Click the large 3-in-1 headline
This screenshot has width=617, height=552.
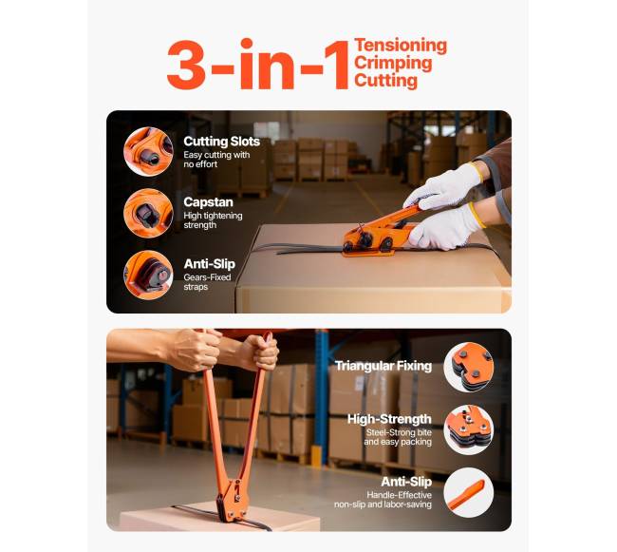[258, 64]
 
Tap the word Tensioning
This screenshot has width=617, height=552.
[401, 46]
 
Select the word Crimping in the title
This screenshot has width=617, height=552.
[393, 64]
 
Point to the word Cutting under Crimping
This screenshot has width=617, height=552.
[385, 81]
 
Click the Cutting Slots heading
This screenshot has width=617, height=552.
[221, 142]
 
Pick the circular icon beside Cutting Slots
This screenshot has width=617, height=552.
[148, 152]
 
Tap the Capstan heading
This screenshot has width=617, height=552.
[208, 202]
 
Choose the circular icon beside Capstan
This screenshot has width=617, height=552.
[148, 213]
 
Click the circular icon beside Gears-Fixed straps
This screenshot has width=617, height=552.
[148, 275]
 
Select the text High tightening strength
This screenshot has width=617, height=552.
[213, 220]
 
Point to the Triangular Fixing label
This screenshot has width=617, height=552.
[383, 366]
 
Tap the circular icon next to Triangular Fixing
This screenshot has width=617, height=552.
[469, 367]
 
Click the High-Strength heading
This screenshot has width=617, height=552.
[389, 419]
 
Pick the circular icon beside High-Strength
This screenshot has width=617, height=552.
[469, 429]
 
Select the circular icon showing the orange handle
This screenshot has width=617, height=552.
[469, 492]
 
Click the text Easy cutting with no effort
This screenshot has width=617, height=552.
[216, 160]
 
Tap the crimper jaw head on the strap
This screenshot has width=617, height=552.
[232, 501]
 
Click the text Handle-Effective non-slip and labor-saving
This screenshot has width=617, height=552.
[383, 500]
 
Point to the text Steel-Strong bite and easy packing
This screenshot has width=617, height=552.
[398, 437]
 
